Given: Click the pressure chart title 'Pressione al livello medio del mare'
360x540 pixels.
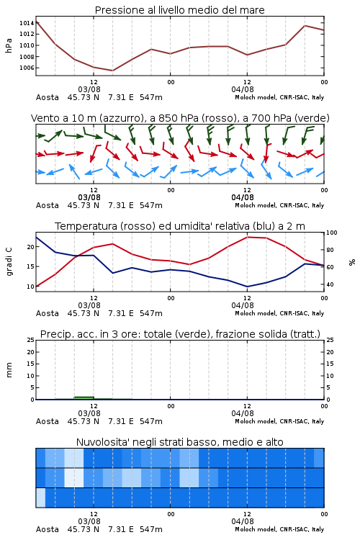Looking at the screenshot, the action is pos(179,10).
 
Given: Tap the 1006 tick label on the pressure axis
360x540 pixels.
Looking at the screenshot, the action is pos(27,68).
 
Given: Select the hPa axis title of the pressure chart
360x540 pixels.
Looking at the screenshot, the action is pos(9,45).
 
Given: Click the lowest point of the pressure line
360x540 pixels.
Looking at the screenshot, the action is pos(112,71).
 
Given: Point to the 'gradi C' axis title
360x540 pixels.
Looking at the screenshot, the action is pos(9,262).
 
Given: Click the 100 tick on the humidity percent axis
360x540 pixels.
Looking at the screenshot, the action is pos(332,233).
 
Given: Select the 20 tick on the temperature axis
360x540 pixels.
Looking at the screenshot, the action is pos(31,247).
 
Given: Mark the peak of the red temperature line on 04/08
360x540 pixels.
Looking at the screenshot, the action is pos(248,237).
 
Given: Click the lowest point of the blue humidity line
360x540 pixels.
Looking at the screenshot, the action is pos(247,287).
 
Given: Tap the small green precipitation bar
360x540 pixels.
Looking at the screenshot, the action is pos(84,398).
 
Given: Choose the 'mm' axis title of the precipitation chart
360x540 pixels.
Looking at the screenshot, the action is pos(9,370).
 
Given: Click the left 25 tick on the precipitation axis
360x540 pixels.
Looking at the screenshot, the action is pos(31,340).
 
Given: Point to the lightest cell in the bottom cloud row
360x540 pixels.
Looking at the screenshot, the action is pos(40,498).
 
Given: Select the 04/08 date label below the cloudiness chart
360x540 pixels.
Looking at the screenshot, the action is pos(243,521).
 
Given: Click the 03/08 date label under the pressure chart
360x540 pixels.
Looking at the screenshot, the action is pos(89,89).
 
